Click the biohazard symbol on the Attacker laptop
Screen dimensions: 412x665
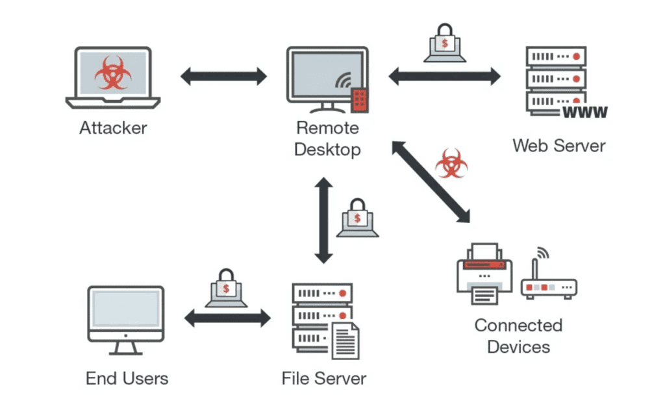click(113, 73)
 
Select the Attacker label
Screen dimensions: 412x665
click(113, 127)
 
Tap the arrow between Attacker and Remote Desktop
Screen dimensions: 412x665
click(223, 76)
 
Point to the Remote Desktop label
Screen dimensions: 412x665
click(327, 138)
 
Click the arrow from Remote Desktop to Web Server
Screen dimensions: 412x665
click(445, 76)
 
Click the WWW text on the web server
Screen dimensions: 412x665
click(584, 113)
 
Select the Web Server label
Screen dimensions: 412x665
click(558, 145)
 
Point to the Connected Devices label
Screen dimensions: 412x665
click(518, 336)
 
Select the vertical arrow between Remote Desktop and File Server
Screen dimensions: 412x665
click(323, 221)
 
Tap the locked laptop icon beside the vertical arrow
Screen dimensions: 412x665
click(357, 218)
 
